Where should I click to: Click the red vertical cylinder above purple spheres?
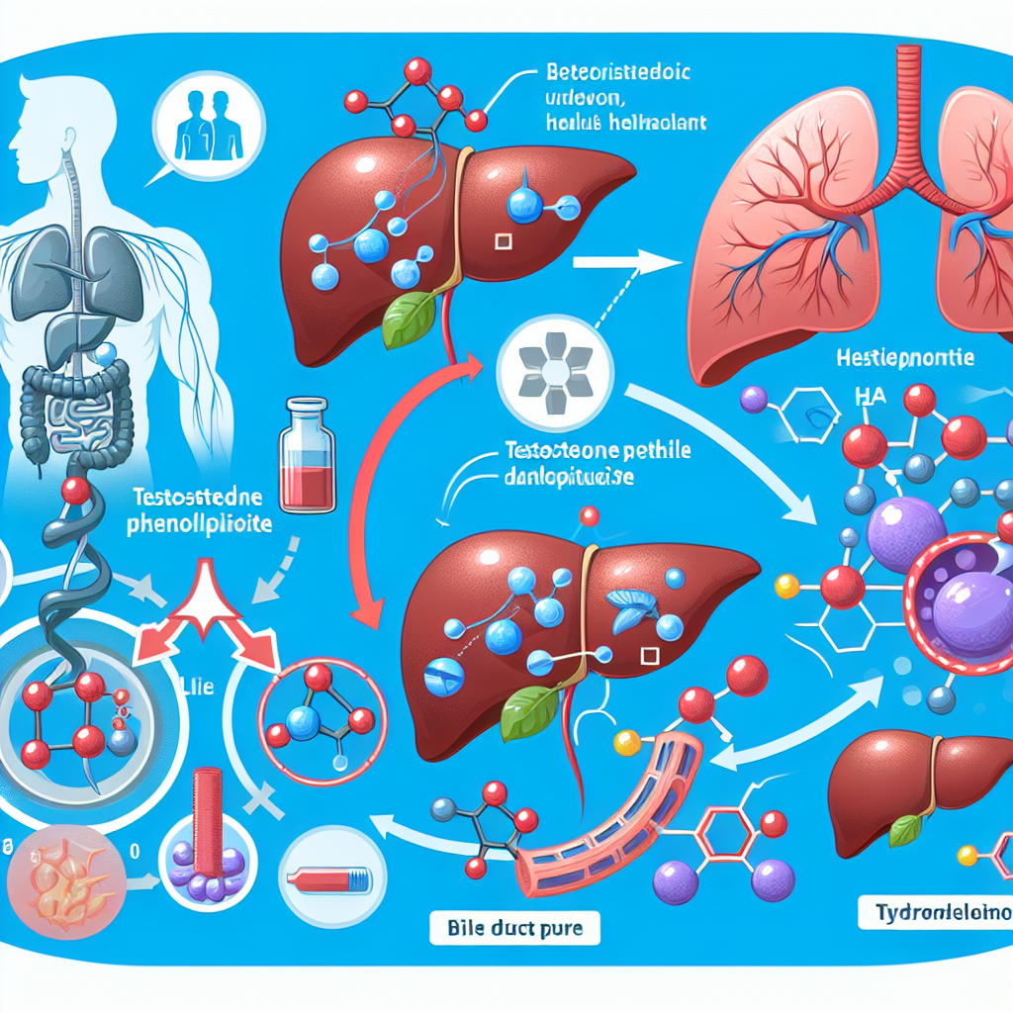click(x=209, y=810)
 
